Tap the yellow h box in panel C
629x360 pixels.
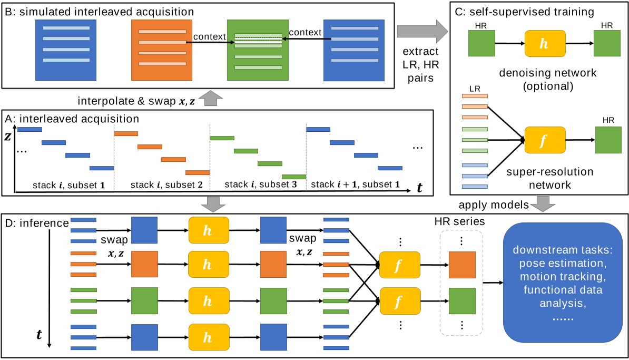click(x=545, y=43)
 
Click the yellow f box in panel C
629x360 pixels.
click(x=545, y=140)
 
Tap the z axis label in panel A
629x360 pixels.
click(x=8, y=136)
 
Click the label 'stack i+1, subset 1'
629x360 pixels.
click(x=355, y=185)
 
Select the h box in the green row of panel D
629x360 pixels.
click(x=209, y=301)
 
